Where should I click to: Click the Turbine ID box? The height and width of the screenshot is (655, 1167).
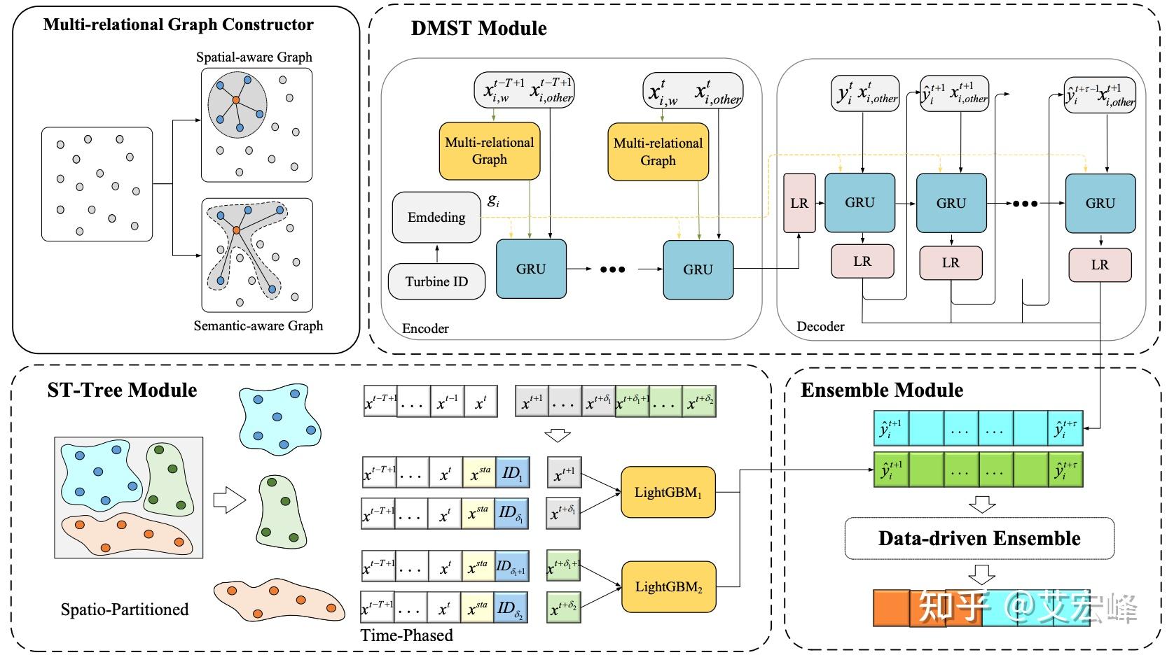click(x=436, y=281)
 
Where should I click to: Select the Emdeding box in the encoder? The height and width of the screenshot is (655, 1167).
click(x=436, y=217)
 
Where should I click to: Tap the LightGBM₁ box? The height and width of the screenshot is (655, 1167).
click(x=668, y=492)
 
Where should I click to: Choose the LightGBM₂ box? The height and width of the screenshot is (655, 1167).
click(x=668, y=587)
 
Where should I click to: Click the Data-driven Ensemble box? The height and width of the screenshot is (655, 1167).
click(x=979, y=538)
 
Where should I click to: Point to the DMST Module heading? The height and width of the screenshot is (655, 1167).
click(x=479, y=28)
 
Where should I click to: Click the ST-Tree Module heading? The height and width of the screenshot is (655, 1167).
click(x=122, y=390)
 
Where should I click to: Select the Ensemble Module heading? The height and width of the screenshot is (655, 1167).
click(x=882, y=390)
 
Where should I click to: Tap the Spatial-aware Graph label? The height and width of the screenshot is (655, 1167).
click(x=254, y=57)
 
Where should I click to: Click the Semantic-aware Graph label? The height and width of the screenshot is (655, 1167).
click(x=258, y=325)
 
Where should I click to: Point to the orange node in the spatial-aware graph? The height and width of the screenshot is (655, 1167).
click(x=236, y=100)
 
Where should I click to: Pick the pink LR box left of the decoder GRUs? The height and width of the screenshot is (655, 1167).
click(x=799, y=203)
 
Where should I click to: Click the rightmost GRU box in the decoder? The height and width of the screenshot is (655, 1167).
click(x=1100, y=203)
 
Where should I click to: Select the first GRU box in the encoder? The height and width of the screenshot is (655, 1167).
click(x=531, y=269)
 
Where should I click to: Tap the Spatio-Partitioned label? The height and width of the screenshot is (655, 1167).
click(x=125, y=610)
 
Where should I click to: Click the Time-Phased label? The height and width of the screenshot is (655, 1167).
click(x=407, y=635)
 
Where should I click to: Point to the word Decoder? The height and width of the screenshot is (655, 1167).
click(x=820, y=327)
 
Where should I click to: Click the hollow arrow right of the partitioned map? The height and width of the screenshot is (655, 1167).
click(x=229, y=500)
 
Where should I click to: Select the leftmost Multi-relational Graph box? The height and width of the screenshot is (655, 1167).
click(x=489, y=151)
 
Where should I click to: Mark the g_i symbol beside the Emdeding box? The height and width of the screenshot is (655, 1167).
click(x=493, y=200)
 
